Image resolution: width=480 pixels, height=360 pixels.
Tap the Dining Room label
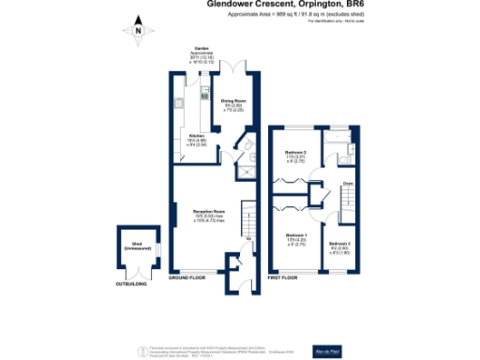232,104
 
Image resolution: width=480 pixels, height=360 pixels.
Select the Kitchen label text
197,141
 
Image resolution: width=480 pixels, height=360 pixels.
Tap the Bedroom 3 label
338,247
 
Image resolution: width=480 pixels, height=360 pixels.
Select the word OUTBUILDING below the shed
131,283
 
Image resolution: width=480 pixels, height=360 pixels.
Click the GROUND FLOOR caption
187,278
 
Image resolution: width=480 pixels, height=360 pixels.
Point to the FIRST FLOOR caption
286,278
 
